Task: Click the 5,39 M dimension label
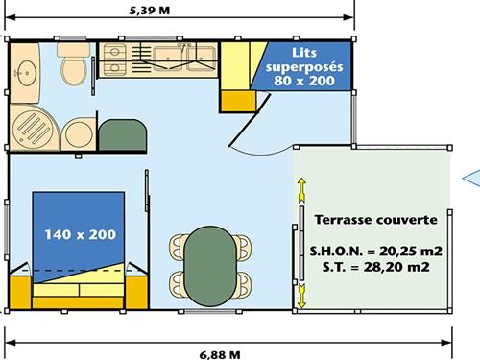point(150,11)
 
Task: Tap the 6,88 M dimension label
point(220,354)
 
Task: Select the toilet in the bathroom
point(74,64)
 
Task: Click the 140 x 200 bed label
point(80,234)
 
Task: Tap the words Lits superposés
point(304,60)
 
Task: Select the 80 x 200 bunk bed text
point(304,81)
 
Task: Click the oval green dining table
point(210,266)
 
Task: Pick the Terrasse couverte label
point(376,220)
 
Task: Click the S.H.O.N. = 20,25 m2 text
point(376,251)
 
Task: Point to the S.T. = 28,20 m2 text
point(376,267)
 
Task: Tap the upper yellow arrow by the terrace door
point(301,190)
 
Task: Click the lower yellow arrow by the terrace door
point(301,296)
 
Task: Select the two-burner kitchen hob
point(114,60)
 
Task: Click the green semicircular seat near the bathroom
point(123,134)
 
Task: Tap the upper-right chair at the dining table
point(243,247)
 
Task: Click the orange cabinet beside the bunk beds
point(238,101)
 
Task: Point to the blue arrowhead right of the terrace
point(473,179)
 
